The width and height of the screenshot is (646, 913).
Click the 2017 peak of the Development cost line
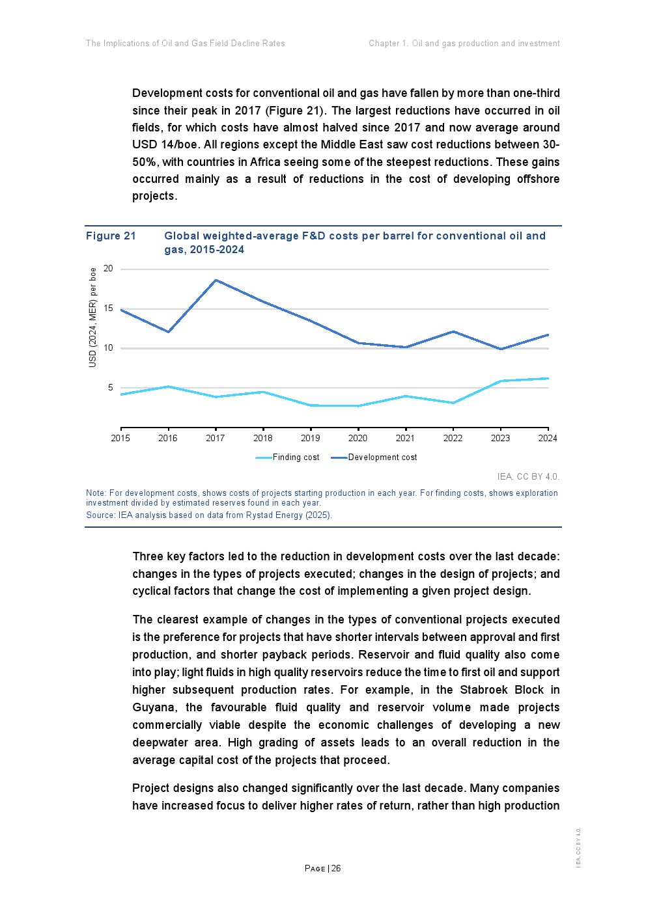point(216,280)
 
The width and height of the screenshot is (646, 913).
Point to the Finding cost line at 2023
point(500,381)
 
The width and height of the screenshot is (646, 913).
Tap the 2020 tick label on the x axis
point(358,438)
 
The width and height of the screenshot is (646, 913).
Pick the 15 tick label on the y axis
point(108,308)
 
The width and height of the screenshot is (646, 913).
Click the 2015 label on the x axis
point(120,438)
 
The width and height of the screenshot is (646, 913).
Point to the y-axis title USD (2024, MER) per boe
point(92,318)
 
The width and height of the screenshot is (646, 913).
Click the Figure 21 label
point(111,236)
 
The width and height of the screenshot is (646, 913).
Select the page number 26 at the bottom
point(336,868)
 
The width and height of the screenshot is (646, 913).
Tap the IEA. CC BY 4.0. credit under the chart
point(527,476)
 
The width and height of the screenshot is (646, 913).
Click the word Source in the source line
point(99,515)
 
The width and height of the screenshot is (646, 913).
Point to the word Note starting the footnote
point(96,493)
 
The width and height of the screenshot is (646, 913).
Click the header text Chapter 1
point(388,44)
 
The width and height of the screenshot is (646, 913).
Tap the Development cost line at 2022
point(453,332)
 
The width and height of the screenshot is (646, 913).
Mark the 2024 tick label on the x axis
point(548,438)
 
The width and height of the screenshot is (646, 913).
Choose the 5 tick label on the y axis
point(111,388)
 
